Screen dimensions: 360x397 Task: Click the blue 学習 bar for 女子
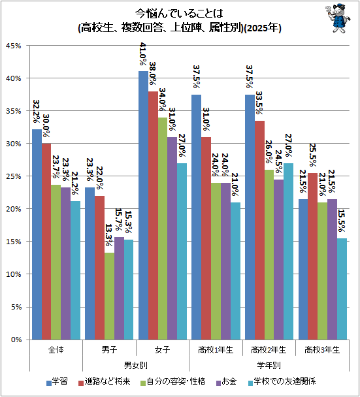click(x=143, y=205)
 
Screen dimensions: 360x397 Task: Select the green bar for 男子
click(x=110, y=296)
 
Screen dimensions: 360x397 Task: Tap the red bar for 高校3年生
click(x=312, y=257)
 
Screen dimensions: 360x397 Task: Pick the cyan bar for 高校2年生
click(x=288, y=251)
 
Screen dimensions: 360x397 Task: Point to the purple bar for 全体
click(x=65, y=264)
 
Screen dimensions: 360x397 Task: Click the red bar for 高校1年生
click(x=206, y=238)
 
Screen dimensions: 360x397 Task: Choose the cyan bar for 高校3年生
click(x=342, y=289)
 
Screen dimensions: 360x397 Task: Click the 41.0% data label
click(x=143, y=54)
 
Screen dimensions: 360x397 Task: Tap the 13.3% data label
click(x=108, y=235)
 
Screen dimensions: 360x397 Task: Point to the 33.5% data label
click(x=259, y=103)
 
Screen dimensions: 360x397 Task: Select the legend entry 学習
click(x=57, y=381)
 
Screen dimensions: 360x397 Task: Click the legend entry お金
click(x=227, y=381)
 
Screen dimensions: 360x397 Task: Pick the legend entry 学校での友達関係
click(x=282, y=381)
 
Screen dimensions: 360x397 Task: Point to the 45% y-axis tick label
click(x=14, y=46)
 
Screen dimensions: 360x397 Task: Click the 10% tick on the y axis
click(x=14, y=274)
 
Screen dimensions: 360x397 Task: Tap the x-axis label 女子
click(x=163, y=350)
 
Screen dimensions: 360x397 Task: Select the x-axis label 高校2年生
click(x=269, y=350)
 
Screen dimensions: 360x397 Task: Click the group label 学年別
click(x=269, y=366)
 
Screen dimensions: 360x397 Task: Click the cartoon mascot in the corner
click(x=338, y=18)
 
